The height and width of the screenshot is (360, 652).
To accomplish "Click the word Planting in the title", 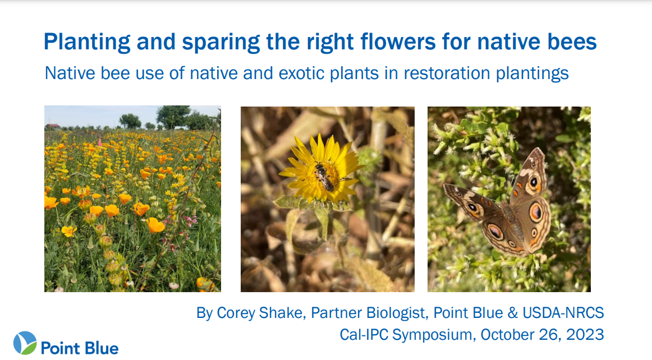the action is pyautogui.click(x=87, y=43).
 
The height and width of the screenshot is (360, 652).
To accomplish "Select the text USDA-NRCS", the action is pyautogui.click(x=563, y=312).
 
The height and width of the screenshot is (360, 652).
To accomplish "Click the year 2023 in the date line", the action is pyautogui.click(x=585, y=335).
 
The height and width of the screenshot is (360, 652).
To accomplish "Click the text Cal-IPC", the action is pyautogui.click(x=364, y=335).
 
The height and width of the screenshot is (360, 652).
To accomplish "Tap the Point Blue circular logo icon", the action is pyautogui.click(x=25, y=343).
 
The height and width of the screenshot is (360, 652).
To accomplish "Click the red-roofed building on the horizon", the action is pyautogui.click(x=53, y=126).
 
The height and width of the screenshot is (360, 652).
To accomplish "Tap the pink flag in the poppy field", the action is pyautogui.click(x=99, y=142).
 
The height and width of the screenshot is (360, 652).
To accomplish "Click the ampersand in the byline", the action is pyautogui.click(x=512, y=312).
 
